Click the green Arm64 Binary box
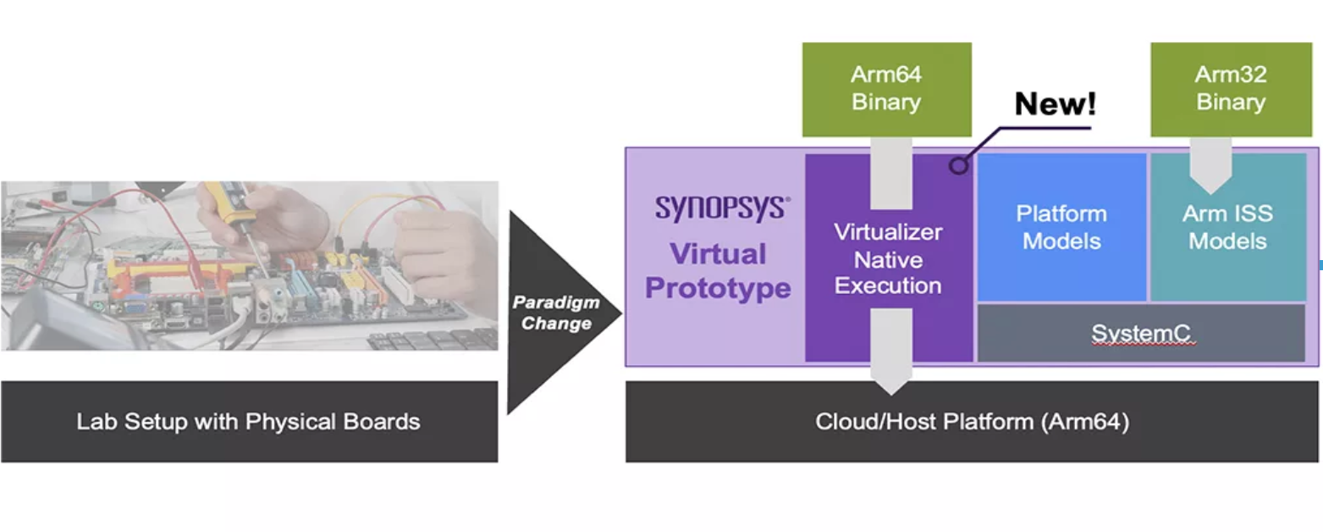(886, 89)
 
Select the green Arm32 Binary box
(1232, 89)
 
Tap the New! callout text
(1055, 103)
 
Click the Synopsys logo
(722, 208)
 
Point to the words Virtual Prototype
(718, 271)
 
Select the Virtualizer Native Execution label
(888, 259)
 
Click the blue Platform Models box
(1062, 228)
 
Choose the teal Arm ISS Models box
(1228, 228)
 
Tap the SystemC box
(1141, 333)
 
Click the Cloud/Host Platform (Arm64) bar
(973, 422)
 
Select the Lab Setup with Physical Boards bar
(249, 422)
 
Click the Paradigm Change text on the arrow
(556, 313)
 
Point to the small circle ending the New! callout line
(958, 165)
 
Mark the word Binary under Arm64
(886, 102)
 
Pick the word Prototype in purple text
(718, 288)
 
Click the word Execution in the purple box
(888, 285)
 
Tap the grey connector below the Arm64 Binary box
(891, 173)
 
